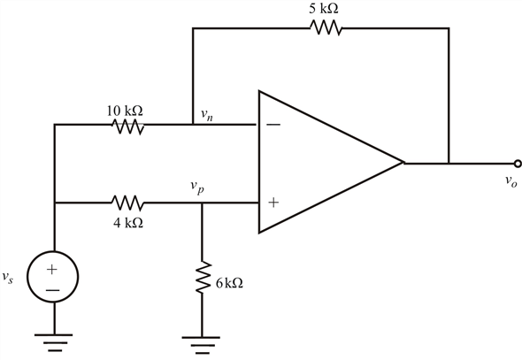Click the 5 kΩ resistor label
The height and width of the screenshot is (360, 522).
[324, 9]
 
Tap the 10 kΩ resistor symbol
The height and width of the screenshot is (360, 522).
[127, 126]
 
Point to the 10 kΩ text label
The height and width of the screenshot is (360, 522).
[125, 111]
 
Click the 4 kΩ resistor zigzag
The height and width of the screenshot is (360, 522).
[127, 203]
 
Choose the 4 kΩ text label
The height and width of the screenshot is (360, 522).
[128, 223]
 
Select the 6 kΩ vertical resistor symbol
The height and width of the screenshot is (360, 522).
[202, 277]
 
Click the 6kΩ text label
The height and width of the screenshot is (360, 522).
[229, 283]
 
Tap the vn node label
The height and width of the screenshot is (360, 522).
[207, 115]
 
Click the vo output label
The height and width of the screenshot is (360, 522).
[511, 181]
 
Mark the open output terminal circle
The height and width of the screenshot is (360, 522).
[518, 164]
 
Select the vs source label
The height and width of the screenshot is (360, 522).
[8, 277]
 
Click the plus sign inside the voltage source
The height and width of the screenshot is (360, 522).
[52, 269]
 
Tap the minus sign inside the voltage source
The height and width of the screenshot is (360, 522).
[52, 290]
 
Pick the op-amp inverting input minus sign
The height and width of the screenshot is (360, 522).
[273, 125]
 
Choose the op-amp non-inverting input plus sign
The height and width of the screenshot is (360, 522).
[273, 203]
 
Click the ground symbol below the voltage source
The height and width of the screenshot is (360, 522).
[53, 342]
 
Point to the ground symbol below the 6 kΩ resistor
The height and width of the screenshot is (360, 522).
[201, 345]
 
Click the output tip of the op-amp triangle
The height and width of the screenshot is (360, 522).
[403, 163]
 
